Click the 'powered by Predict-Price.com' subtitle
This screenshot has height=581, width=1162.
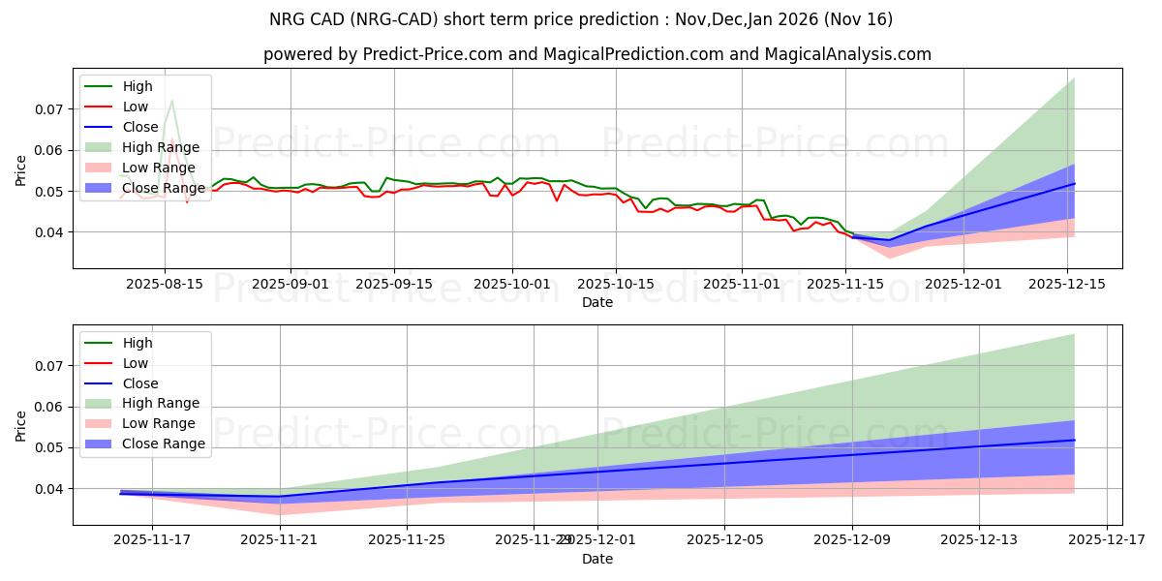click(x=596, y=54)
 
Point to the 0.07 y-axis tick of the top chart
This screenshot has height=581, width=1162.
click(x=49, y=109)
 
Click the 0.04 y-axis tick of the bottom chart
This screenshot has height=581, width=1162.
click(x=49, y=489)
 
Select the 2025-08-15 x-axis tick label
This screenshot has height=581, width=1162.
click(x=165, y=284)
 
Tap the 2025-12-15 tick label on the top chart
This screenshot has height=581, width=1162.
click(x=1067, y=284)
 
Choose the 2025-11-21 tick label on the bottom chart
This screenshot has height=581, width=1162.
click(x=280, y=540)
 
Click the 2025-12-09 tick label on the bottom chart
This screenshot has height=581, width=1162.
click(x=852, y=540)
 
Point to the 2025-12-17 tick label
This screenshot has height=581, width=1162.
click(x=1107, y=540)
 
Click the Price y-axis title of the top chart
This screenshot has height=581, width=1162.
click(x=21, y=170)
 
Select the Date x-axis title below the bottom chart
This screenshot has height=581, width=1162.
click(x=596, y=559)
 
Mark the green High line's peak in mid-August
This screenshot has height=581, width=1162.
click(x=171, y=101)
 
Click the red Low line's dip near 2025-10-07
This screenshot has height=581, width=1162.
click(x=557, y=200)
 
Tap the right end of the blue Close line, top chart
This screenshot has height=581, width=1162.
click(x=1074, y=183)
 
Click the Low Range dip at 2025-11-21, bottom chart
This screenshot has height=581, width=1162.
click(x=280, y=513)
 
